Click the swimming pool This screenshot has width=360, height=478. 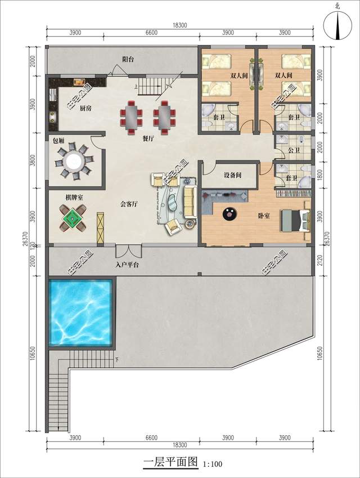(82, 312)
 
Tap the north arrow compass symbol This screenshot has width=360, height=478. (337, 25)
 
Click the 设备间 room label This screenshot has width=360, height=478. (232, 176)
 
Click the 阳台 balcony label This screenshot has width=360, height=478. (128, 59)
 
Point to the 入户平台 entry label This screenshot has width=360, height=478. (127, 264)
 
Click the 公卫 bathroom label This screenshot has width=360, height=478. (292, 150)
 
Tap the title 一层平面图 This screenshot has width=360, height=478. (171, 463)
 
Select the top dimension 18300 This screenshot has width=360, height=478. (179, 25)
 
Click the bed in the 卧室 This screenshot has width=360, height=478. (296, 220)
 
